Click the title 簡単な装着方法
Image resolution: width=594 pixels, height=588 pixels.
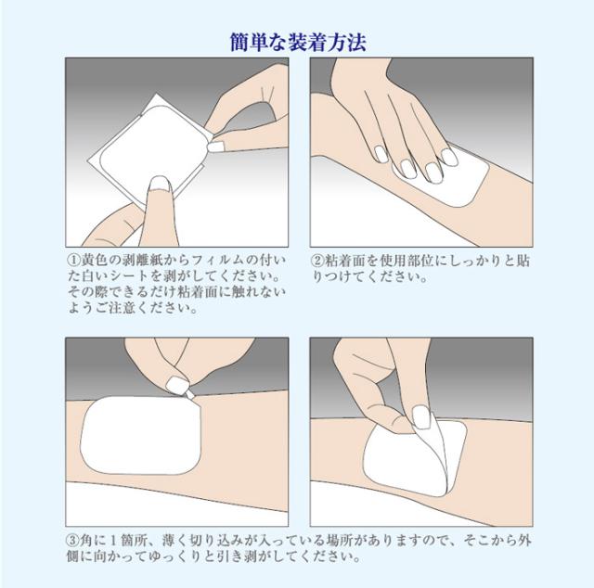298,42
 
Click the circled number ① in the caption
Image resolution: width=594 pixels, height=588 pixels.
74,260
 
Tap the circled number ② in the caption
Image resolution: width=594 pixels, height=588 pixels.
317,260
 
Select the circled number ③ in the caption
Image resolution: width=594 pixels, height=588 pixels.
72,541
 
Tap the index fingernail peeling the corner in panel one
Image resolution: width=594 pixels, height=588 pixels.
214,147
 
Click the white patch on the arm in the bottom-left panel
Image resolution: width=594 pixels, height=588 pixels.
140,435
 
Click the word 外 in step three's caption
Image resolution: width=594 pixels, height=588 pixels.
523,541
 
